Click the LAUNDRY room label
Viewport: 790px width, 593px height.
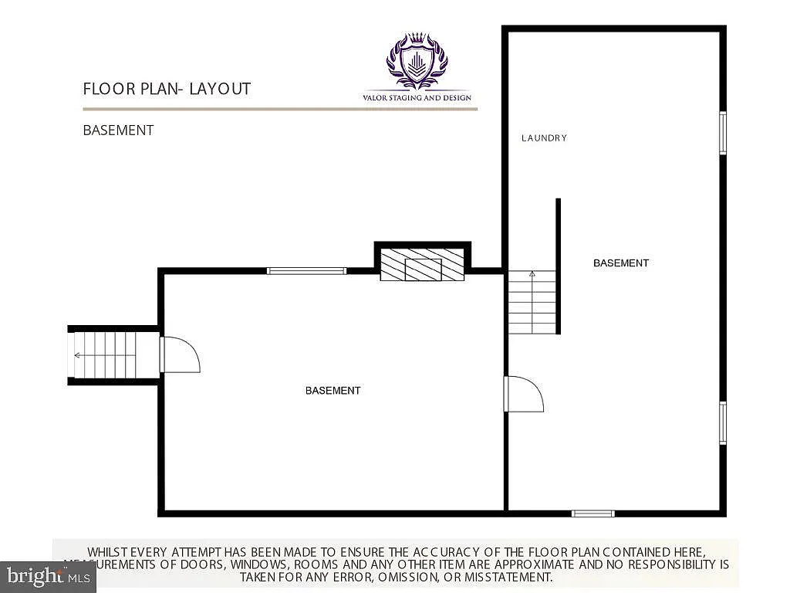(544, 138)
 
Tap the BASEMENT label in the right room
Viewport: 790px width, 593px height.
(620, 263)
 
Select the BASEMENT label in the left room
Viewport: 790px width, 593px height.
(333, 391)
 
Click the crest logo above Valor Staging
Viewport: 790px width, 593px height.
(417, 61)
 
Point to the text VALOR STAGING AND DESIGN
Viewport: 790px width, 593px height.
(417, 98)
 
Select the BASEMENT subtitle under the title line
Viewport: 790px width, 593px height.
(118, 130)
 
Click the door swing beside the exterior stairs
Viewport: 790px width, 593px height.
(181, 354)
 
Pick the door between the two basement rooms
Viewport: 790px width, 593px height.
(523, 394)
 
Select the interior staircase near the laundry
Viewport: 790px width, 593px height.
(532, 303)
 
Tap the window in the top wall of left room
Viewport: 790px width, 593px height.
(306, 271)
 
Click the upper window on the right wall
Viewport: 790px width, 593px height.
(723, 133)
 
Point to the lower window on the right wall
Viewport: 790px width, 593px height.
(723, 422)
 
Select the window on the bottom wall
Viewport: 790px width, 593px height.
(592, 513)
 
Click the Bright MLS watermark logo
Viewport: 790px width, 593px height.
(47, 576)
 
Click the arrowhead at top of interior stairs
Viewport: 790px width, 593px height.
(532, 273)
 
